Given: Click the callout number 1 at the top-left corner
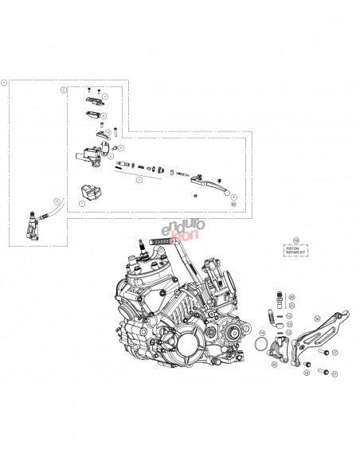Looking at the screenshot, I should tap(6, 81).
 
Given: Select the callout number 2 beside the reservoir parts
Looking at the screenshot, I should tap(63, 91).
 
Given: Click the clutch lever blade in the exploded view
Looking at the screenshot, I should tap(214, 188).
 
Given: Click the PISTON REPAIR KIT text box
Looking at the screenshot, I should tap(296, 250).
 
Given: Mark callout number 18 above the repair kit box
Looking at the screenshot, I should tap(296, 239).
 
